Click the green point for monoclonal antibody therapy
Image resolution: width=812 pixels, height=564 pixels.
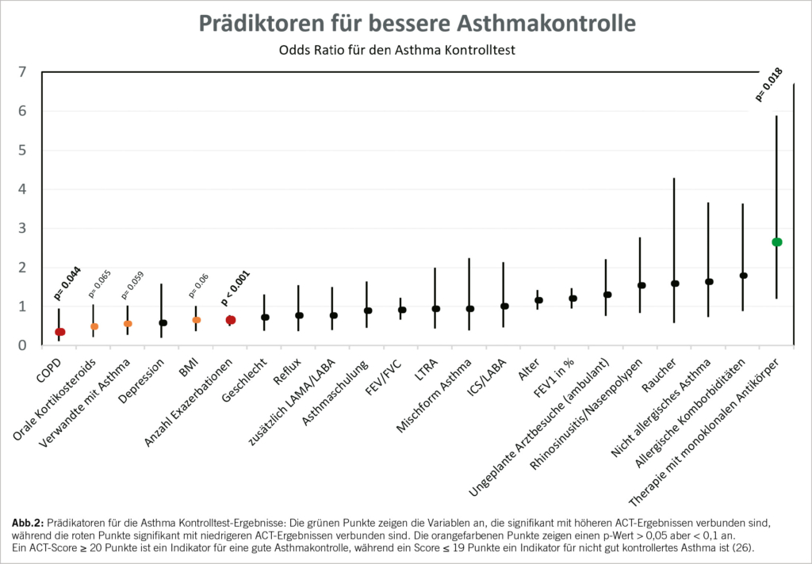(x=777, y=242)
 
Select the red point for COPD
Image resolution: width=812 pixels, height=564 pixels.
(x=59, y=332)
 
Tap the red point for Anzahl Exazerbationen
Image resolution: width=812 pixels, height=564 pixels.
(x=230, y=320)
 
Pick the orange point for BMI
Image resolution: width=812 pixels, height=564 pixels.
(x=197, y=320)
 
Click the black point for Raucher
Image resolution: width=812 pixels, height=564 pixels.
(x=675, y=283)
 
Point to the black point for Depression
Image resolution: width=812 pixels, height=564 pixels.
(x=163, y=322)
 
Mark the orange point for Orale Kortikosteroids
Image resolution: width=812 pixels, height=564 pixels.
(x=94, y=326)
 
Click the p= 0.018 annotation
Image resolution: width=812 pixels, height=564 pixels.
(x=769, y=86)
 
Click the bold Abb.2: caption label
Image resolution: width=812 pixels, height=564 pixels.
(x=29, y=524)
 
